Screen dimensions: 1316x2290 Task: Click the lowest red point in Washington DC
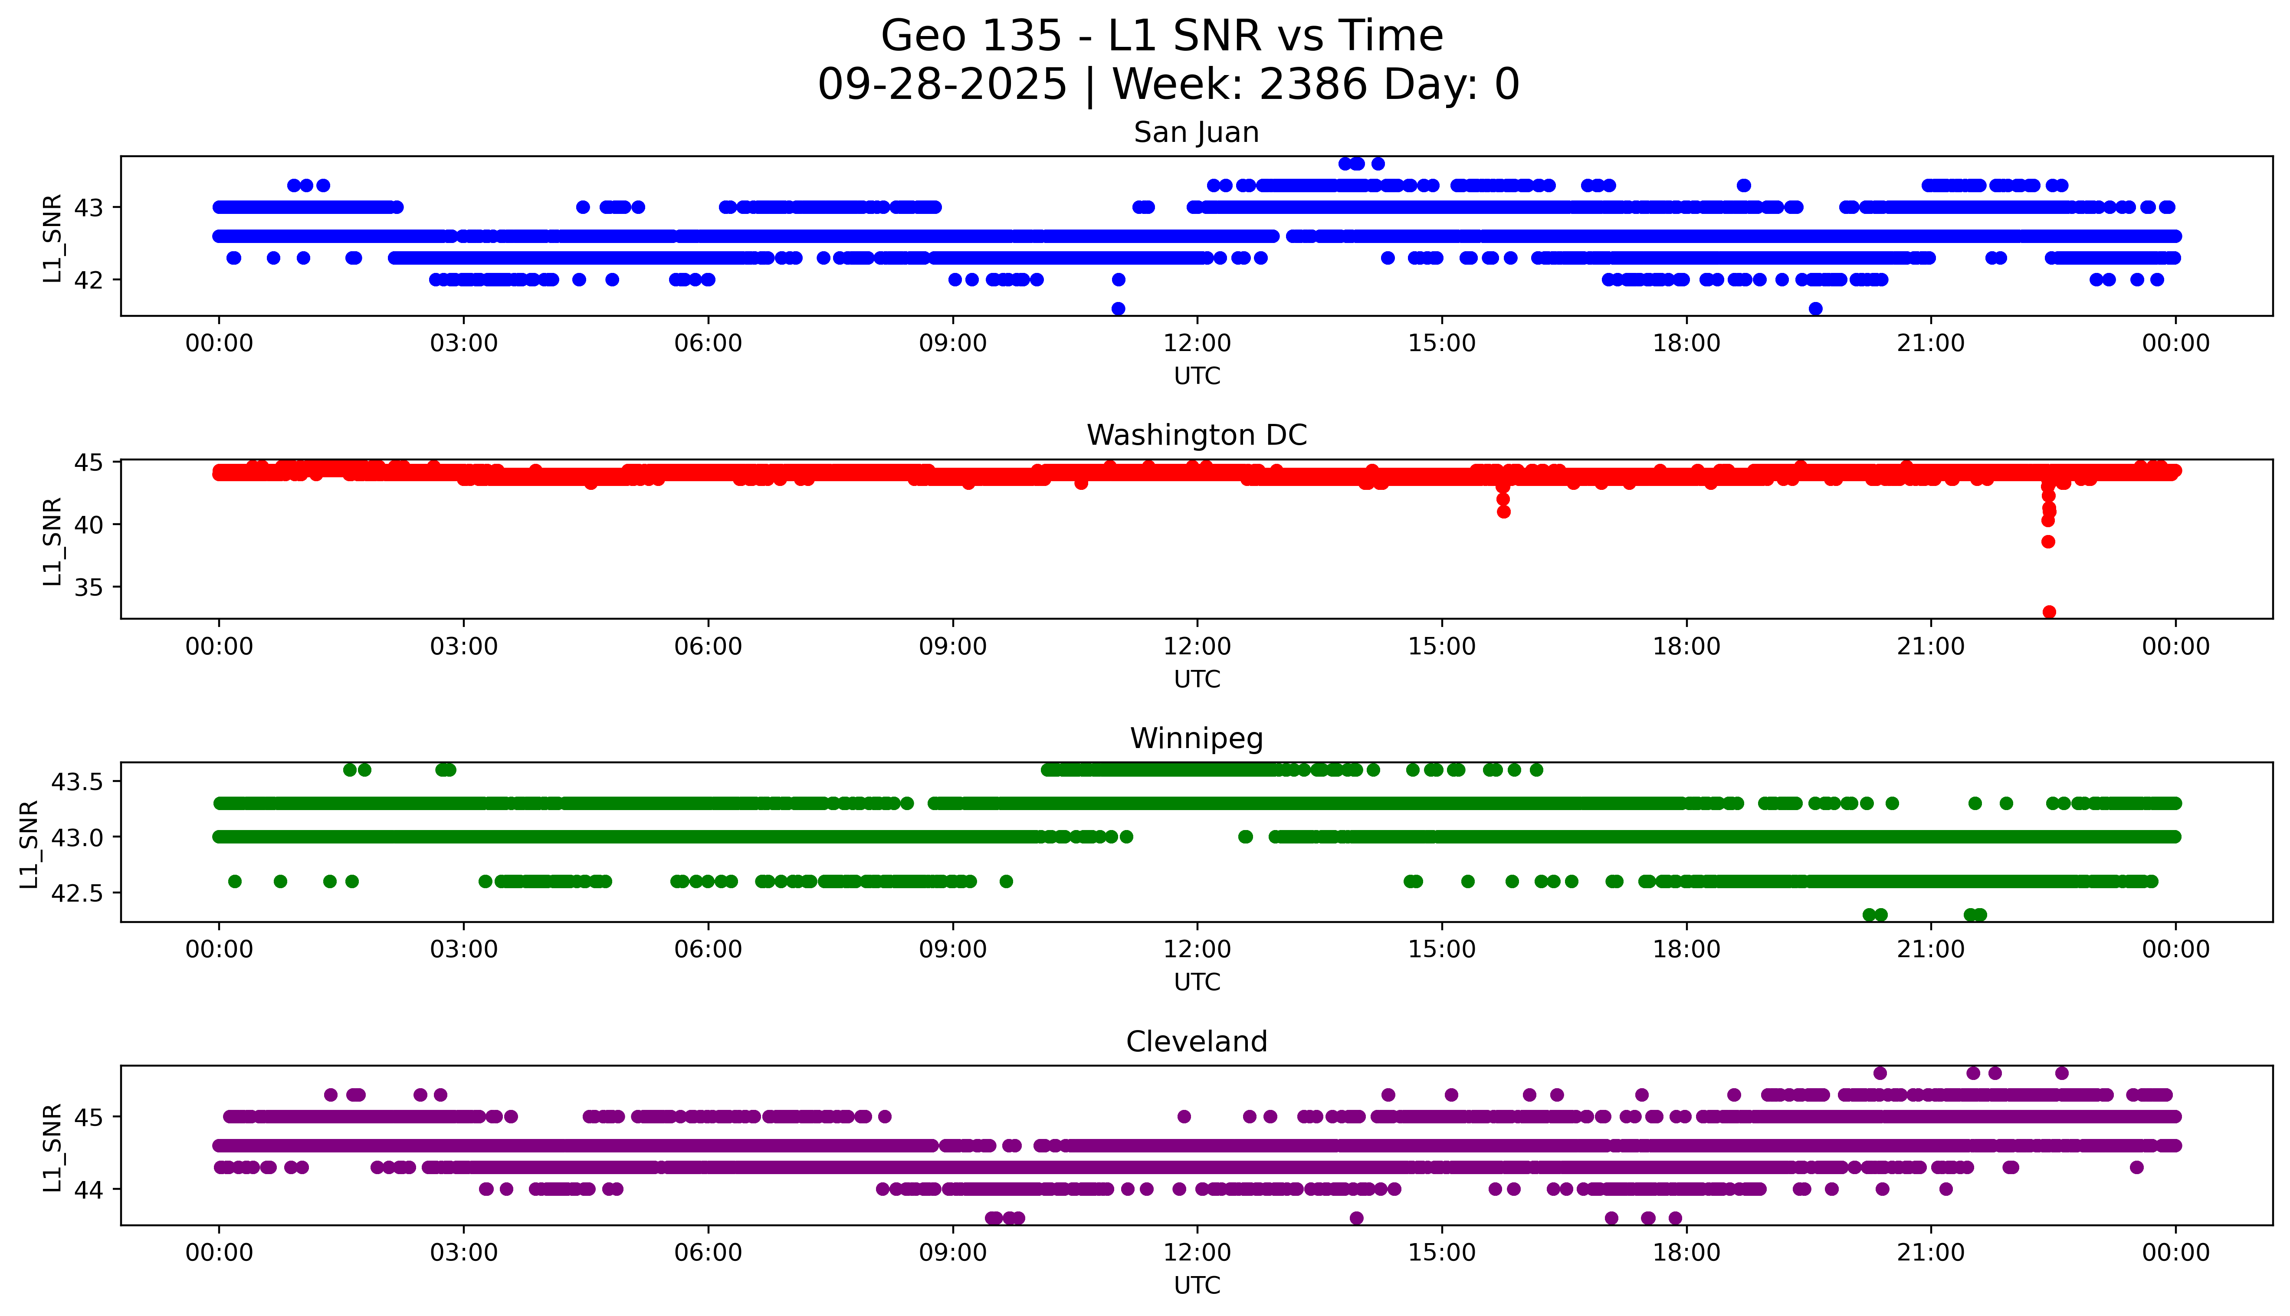2049,612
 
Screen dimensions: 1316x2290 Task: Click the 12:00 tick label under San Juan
1197,344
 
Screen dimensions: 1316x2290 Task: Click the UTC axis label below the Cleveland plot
1197,1285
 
